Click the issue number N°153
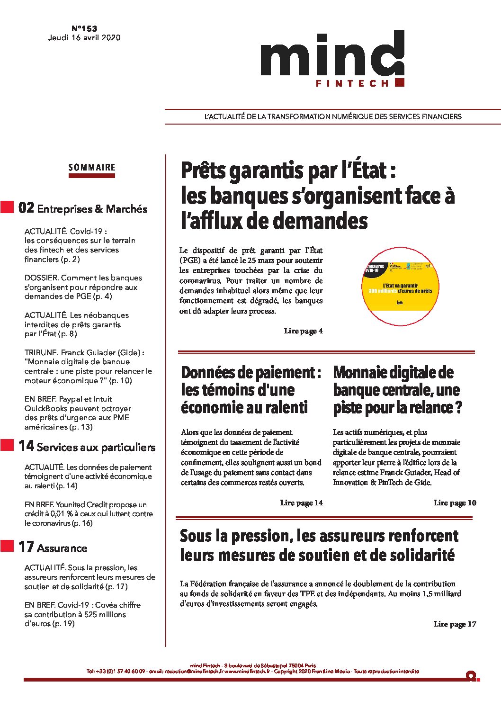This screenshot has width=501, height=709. coord(84,28)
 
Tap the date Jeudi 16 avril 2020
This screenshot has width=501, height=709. coord(84,38)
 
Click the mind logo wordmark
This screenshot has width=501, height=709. coord(332,56)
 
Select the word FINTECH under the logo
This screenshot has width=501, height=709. coord(352,83)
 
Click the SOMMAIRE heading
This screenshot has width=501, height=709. coord(92,168)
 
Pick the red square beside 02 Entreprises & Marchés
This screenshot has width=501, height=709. coord(7,207)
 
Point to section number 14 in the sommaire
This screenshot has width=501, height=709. coord(26,446)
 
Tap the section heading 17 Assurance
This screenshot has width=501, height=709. coord(53,547)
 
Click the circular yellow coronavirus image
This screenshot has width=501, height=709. coord(400,286)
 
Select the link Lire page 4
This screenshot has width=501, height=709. coord(303,331)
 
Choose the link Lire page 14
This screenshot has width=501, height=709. coord(301,503)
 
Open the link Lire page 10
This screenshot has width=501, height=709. coord(455,503)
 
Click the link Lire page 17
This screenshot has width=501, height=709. coord(455,624)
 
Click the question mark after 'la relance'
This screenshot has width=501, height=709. coord(458,408)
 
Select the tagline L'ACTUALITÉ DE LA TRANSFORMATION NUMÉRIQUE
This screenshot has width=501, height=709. coord(332,117)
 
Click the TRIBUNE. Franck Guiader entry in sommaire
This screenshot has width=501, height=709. coord(88,367)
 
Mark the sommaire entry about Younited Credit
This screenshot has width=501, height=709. coord(88,514)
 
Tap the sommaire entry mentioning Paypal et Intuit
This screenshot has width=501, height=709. coord(78,413)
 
